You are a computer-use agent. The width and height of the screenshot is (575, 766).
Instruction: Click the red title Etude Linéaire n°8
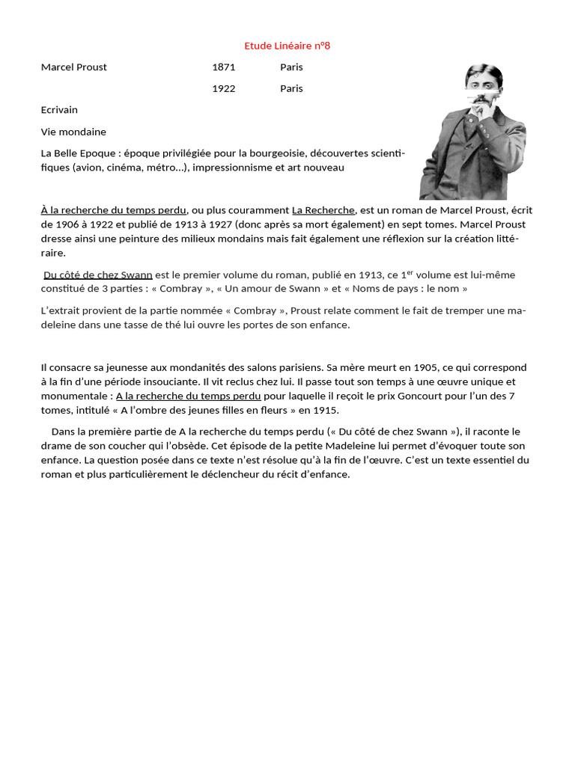(x=287, y=46)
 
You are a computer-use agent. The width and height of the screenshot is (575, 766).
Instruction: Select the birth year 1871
(x=224, y=67)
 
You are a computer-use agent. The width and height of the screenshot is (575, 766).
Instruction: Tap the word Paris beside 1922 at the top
(x=291, y=88)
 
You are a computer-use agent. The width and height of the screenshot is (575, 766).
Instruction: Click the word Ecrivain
(x=59, y=110)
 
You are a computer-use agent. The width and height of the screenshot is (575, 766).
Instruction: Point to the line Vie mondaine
(x=73, y=132)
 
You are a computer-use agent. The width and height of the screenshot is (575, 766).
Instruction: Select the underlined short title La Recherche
(x=323, y=210)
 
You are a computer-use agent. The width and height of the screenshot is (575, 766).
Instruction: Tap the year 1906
(x=67, y=224)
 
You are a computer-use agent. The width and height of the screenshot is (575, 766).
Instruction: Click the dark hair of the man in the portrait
(x=483, y=73)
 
